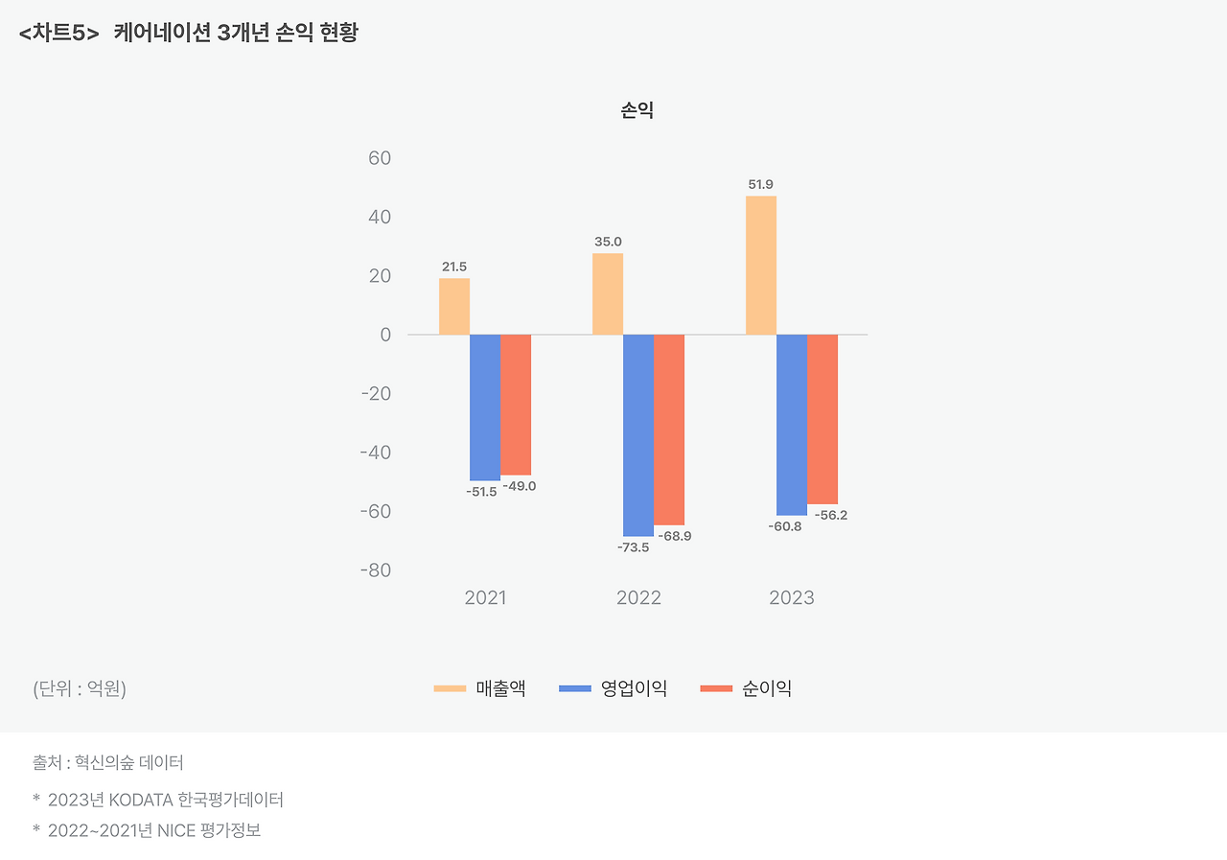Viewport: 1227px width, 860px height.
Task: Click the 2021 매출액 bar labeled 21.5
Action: click(454, 306)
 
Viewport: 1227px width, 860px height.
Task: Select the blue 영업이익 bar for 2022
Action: click(638, 435)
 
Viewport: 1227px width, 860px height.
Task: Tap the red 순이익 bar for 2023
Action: click(822, 419)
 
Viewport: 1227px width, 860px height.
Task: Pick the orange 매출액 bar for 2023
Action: click(761, 266)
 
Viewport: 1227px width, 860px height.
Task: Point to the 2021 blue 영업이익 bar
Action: click(485, 407)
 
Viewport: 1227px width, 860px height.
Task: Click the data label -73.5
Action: click(633, 547)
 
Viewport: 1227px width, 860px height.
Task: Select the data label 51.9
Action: click(761, 184)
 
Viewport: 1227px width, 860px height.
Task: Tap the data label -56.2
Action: click(830, 515)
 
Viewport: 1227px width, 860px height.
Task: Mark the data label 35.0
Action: click(608, 242)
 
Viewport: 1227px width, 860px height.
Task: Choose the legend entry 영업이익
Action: click(634, 688)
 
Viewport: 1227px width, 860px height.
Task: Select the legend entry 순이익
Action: click(767, 688)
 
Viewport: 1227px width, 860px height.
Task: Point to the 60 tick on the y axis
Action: click(380, 158)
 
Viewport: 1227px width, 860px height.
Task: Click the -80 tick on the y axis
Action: click(375, 570)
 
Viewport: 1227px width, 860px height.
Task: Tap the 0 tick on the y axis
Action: click(385, 335)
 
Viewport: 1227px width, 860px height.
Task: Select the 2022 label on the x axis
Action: click(638, 598)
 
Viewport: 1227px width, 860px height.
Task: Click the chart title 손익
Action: click(637, 111)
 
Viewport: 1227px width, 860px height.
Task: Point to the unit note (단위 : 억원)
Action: click(80, 688)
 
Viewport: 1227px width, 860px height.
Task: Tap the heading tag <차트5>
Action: click(58, 34)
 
